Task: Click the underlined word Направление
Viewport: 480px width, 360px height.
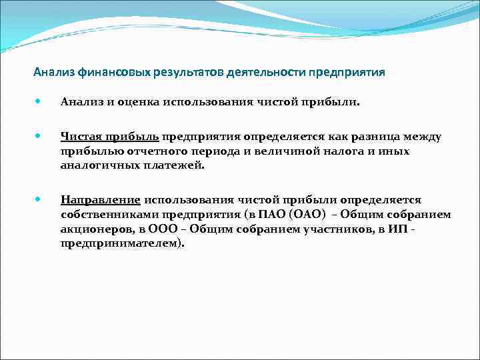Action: point(100,200)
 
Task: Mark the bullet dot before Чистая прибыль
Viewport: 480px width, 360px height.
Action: point(39,136)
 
